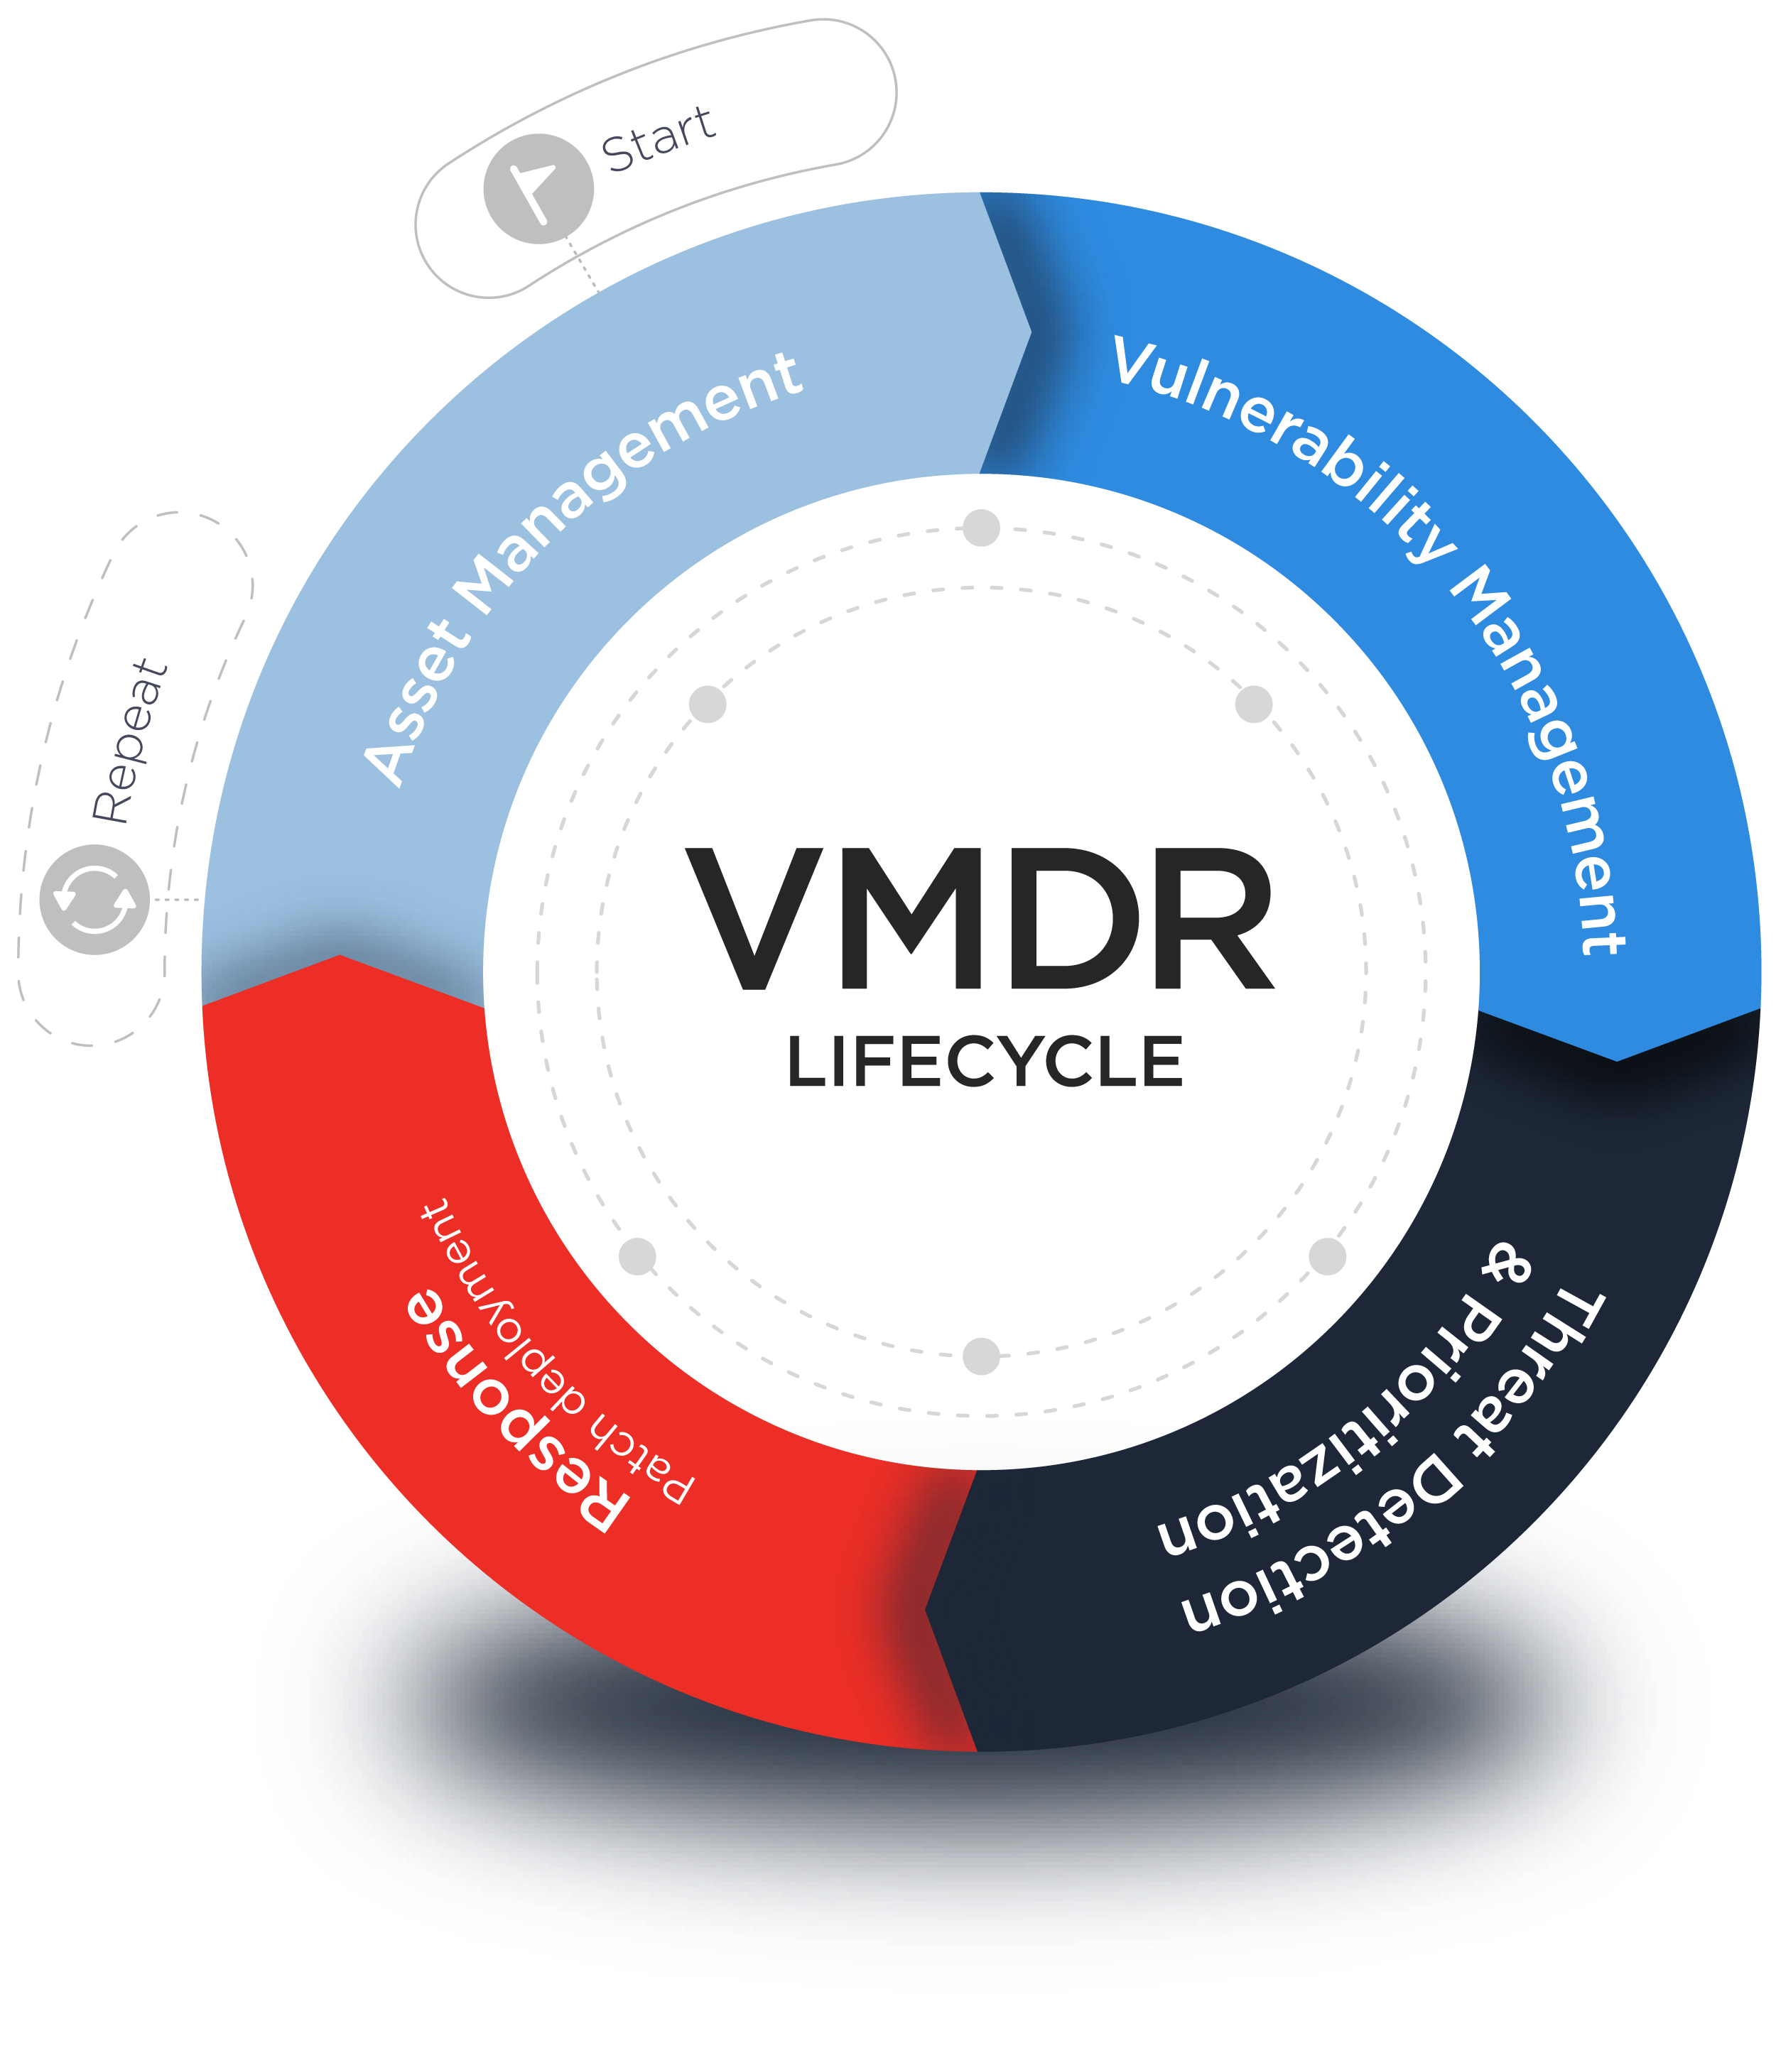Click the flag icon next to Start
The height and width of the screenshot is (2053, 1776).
click(x=538, y=188)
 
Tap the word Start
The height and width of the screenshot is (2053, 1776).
click(x=657, y=138)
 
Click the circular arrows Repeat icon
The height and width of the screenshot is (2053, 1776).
click(x=94, y=899)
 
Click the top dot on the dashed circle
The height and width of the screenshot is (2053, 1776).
click(x=981, y=528)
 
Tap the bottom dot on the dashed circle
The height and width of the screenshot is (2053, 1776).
click(x=981, y=1356)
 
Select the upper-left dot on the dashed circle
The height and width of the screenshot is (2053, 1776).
click(x=708, y=704)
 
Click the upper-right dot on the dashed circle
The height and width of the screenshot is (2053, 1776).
click(x=1254, y=704)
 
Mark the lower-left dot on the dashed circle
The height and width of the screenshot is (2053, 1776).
click(x=637, y=1256)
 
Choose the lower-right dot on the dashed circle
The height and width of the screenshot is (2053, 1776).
click(x=1327, y=1256)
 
